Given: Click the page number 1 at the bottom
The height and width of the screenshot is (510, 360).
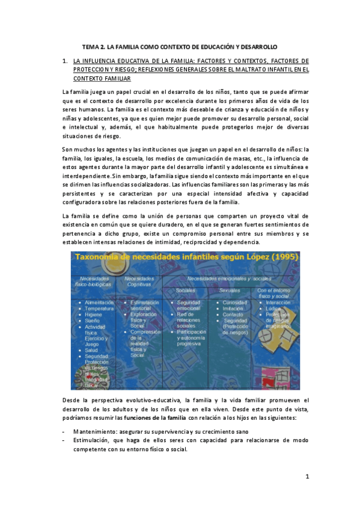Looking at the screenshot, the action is tap(307, 477).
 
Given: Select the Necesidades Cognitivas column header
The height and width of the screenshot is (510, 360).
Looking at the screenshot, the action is tap(139, 281).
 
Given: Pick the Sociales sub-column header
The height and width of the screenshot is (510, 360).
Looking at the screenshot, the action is tap(185, 290).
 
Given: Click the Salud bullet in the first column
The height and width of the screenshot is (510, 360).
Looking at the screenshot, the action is tap(91, 349).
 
